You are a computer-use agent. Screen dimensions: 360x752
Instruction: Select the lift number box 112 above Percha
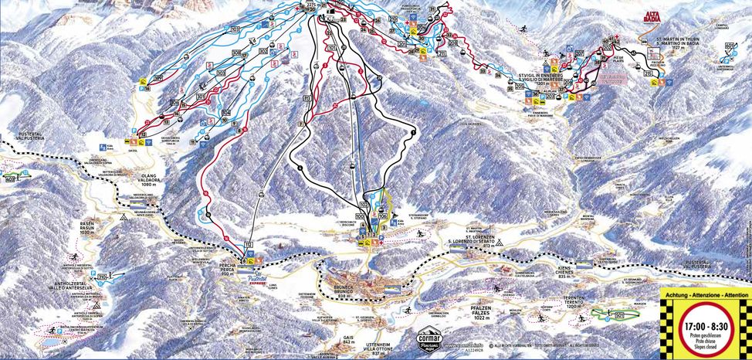pyautogui.click(x=248, y=245)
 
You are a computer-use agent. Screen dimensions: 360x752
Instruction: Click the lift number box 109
pyautogui.click(x=158, y=78)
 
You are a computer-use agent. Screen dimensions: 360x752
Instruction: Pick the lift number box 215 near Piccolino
pyautogui.click(x=648, y=72)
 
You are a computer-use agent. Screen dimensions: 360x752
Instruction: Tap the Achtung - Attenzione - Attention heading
pyautogui.click(x=704, y=295)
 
